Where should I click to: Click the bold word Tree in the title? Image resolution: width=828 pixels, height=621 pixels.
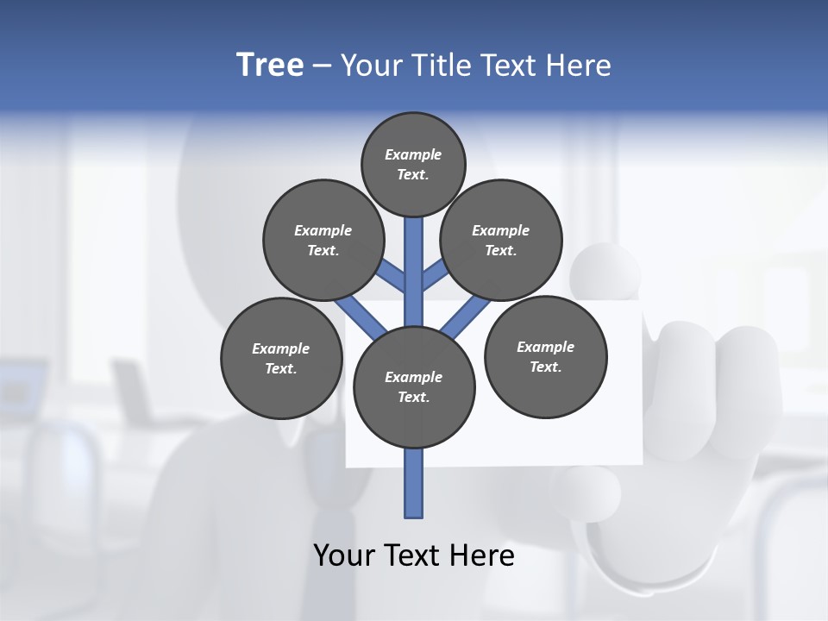click(270, 65)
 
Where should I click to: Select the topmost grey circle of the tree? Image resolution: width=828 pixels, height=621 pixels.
click(413, 164)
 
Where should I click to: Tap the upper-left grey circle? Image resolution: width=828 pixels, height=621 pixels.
click(323, 240)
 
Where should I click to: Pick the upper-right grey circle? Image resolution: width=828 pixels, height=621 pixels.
click(501, 240)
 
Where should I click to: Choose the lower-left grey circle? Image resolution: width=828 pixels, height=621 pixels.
click(281, 358)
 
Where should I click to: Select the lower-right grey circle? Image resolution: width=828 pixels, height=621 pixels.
click(545, 356)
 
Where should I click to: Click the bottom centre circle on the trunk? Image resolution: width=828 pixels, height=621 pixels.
click(414, 386)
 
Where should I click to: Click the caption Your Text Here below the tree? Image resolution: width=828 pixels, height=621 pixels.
click(414, 555)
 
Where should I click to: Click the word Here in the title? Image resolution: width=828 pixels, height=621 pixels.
click(580, 66)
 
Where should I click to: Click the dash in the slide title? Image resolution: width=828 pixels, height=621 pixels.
click(322, 66)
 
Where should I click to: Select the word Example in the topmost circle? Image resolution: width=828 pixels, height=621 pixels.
click(413, 154)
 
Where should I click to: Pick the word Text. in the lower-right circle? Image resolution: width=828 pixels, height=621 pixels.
click(545, 367)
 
